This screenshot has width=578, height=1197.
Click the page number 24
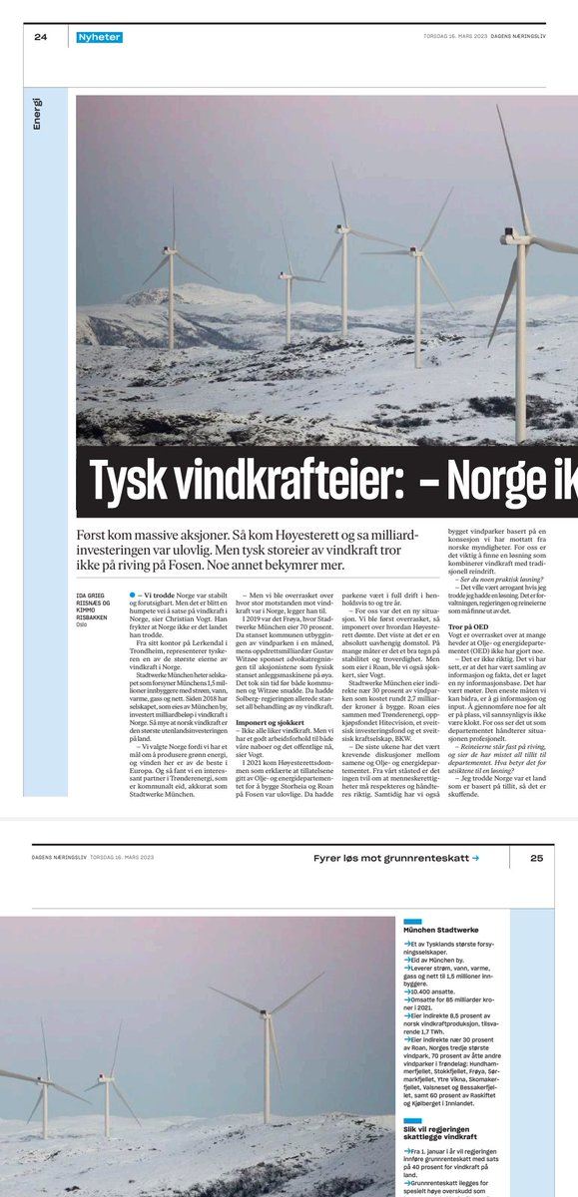click(x=40, y=38)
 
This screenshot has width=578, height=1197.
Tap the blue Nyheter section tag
click(x=100, y=38)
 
